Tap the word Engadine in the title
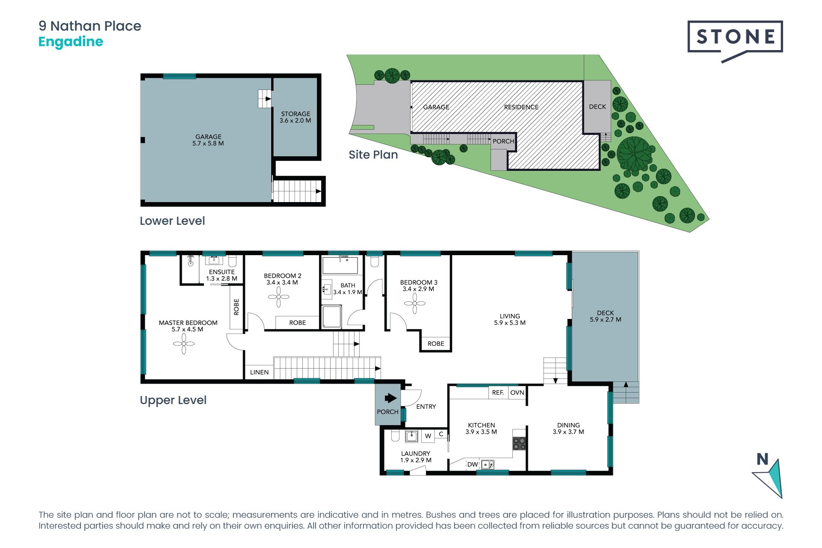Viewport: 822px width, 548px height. [x=71, y=42]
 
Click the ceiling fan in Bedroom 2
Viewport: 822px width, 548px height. [x=279, y=297]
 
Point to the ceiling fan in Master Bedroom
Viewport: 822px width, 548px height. [x=184, y=343]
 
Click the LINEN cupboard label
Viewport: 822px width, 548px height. [x=259, y=372]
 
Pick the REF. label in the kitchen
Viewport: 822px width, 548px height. [x=498, y=393]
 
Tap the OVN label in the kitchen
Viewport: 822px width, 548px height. [x=517, y=393]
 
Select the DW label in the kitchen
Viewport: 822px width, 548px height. [x=473, y=465]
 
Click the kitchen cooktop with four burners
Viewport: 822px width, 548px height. [x=519, y=444]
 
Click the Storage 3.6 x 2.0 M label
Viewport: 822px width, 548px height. [x=295, y=117]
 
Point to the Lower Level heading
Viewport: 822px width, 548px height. [x=172, y=221]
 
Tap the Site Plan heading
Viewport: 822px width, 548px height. [x=373, y=155]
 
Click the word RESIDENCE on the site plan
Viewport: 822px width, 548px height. [x=521, y=107]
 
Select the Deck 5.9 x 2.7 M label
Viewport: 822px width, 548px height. [x=605, y=316]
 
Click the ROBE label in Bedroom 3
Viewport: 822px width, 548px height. [x=436, y=344]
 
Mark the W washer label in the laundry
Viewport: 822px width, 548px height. [x=428, y=436]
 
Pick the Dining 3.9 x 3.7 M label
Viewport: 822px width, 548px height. [x=569, y=429]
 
